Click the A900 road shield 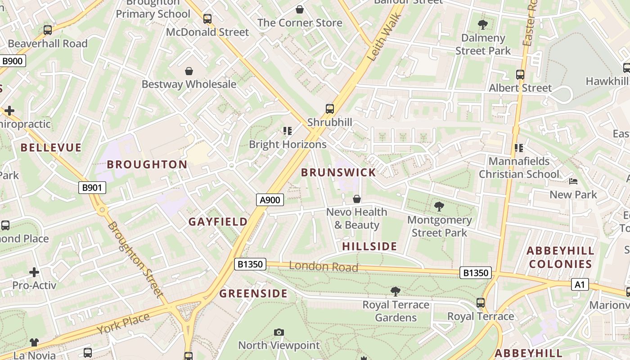click(x=270, y=200)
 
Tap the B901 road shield click(x=92, y=188)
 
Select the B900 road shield click(x=13, y=61)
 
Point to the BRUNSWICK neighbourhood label click(x=338, y=172)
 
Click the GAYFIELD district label click(x=218, y=222)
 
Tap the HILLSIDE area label click(x=369, y=246)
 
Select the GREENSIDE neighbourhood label click(x=253, y=294)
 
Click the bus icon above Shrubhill click(x=330, y=108)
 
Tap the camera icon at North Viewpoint click(x=279, y=332)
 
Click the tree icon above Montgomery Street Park click(x=439, y=207)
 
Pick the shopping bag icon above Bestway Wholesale click(x=189, y=71)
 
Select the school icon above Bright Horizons click(x=288, y=131)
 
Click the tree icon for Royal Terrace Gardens click(x=396, y=291)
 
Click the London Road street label click(x=324, y=266)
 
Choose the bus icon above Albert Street click(x=520, y=75)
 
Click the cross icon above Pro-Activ click(x=34, y=272)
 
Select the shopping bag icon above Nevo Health click(x=357, y=198)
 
